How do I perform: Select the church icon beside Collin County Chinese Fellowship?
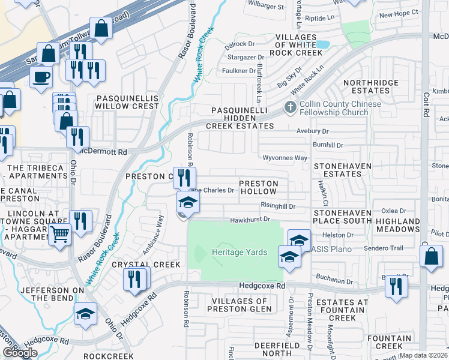291,108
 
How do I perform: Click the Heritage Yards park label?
239,252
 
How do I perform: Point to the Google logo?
19,353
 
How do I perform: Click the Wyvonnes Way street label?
285,157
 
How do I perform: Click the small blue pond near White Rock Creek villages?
322,44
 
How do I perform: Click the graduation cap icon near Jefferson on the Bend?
85,313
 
